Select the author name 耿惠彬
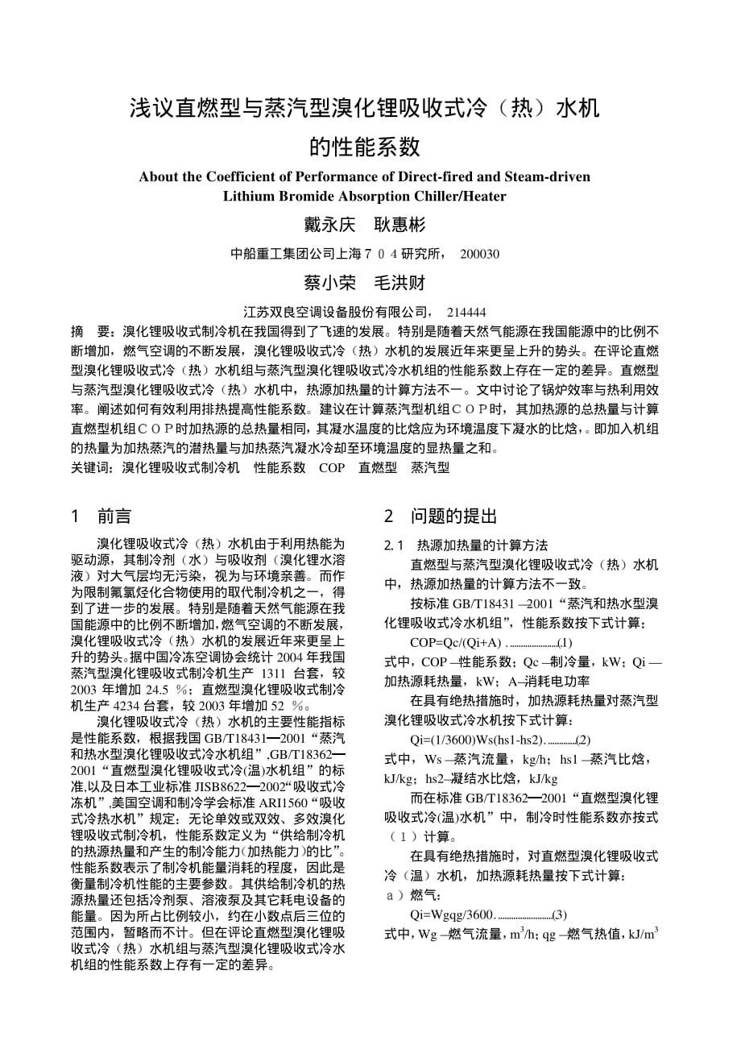[399, 224]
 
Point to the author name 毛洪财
[399, 283]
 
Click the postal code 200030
[479, 254]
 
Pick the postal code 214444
[466, 312]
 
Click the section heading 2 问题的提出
[441, 516]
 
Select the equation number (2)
[583, 739]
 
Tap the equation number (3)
[560, 914]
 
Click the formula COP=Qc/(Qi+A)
[456, 642]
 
